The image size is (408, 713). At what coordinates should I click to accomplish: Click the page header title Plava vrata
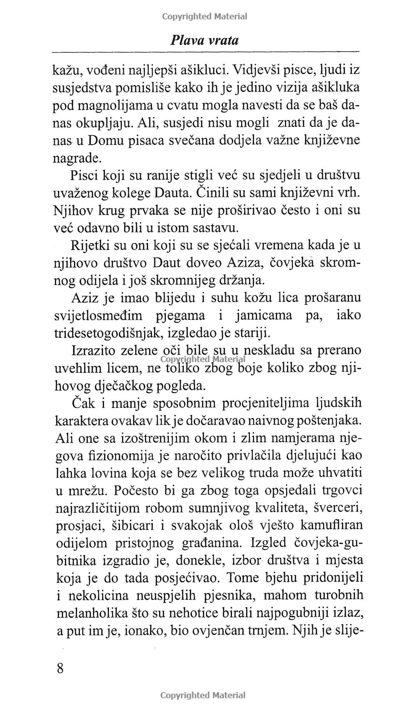[204, 41]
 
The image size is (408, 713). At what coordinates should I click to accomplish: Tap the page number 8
[60, 668]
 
